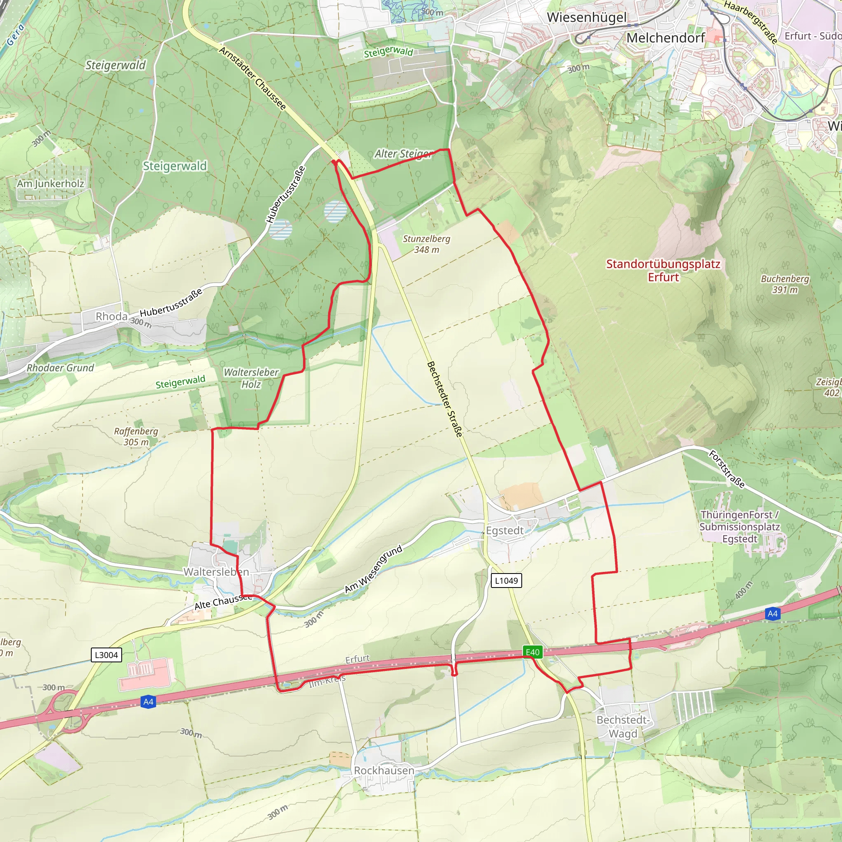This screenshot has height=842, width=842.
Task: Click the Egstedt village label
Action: (505, 530)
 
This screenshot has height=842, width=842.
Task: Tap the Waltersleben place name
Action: (216, 572)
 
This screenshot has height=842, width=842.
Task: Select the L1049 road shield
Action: (506, 581)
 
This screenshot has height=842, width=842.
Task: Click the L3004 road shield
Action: (106, 655)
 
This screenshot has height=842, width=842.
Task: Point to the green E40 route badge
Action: (532, 652)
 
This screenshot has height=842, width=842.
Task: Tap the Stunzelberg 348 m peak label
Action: (426, 244)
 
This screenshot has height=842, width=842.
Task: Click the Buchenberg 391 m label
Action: (785, 284)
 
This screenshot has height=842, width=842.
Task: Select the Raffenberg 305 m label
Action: (136, 436)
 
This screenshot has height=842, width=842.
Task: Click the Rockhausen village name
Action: (384, 770)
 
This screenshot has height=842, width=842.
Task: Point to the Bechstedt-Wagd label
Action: (623, 726)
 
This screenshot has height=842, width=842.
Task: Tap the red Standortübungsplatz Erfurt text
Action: (663, 270)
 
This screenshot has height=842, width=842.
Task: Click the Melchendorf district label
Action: (666, 38)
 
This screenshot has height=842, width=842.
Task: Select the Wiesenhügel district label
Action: (587, 17)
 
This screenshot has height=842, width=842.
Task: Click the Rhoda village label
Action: (111, 317)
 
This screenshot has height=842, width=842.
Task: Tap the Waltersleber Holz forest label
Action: (251, 378)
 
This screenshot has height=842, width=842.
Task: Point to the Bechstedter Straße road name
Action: (444, 399)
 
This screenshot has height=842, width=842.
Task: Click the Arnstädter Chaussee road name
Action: (252, 79)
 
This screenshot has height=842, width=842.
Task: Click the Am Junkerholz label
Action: (51, 183)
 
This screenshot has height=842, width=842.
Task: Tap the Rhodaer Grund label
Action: (60, 368)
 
